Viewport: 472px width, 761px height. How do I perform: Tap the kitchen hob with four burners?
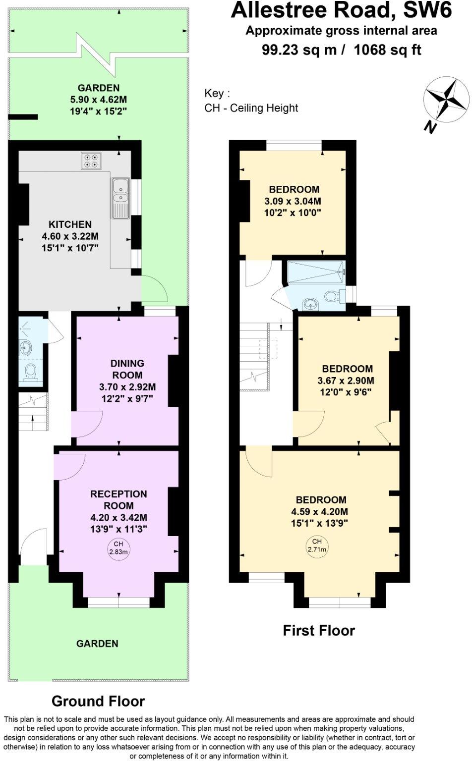pyautogui.click(x=91, y=160)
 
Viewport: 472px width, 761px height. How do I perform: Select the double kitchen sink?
pyautogui.click(x=120, y=198)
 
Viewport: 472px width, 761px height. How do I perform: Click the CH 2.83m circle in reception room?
pyautogui.click(x=118, y=547)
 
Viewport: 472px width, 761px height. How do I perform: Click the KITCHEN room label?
pyautogui.click(x=70, y=224)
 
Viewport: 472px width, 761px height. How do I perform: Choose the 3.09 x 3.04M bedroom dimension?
pyautogui.click(x=295, y=202)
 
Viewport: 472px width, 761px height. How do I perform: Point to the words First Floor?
pyautogui.click(x=319, y=631)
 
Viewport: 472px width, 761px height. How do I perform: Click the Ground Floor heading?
pyautogui.click(x=98, y=701)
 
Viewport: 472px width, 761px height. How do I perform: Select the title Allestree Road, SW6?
pyautogui.click(x=342, y=11)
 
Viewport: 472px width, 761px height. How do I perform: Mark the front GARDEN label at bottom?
pyautogui.click(x=97, y=644)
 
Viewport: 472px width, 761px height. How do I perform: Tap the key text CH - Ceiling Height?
pyautogui.click(x=251, y=108)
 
